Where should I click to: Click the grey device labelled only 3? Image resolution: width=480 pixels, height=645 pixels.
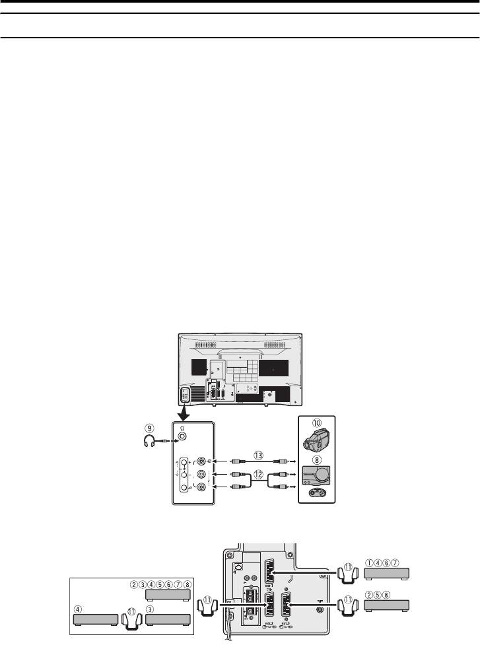click(x=168, y=620)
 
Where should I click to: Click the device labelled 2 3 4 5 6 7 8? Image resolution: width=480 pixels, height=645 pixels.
click(x=168, y=596)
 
